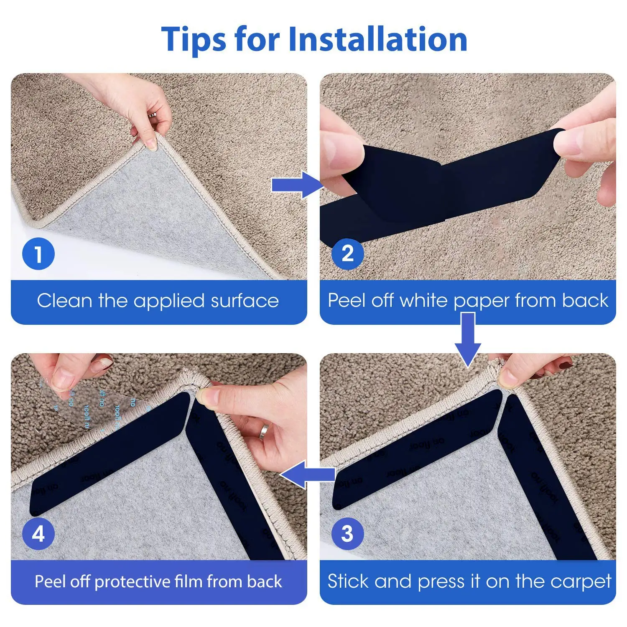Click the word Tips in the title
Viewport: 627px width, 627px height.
tap(194, 39)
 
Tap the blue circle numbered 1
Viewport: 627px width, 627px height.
tap(38, 254)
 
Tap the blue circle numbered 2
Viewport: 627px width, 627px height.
tap(347, 254)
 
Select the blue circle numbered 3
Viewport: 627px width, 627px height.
tap(347, 534)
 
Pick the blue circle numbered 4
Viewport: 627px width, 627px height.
tap(38, 534)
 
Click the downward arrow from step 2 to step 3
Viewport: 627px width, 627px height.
tap(468, 339)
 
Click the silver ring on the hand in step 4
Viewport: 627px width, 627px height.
tap(265, 431)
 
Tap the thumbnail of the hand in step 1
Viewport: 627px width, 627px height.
tap(152, 145)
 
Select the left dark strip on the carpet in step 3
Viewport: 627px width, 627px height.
tap(418, 449)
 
